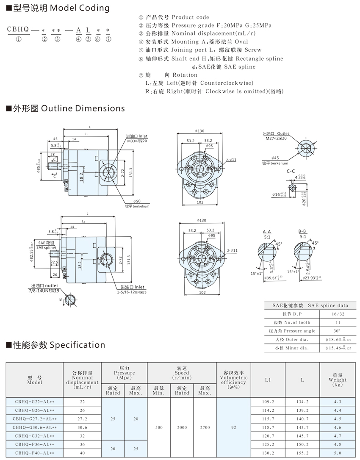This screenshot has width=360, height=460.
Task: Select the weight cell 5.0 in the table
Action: [x=338, y=452]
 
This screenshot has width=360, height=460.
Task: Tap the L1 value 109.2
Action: [x=268, y=402]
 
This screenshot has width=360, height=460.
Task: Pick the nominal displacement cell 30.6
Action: [x=82, y=427]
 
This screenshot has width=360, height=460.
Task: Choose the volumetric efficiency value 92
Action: [x=233, y=427]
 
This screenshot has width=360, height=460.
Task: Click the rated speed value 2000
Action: [x=182, y=427]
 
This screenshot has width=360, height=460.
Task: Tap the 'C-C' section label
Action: [x=291, y=171]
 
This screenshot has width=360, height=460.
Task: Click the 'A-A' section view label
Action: [x=267, y=232]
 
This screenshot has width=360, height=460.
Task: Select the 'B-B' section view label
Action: [x=302, y=232]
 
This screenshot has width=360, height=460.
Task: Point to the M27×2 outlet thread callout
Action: [x=276, y=139]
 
